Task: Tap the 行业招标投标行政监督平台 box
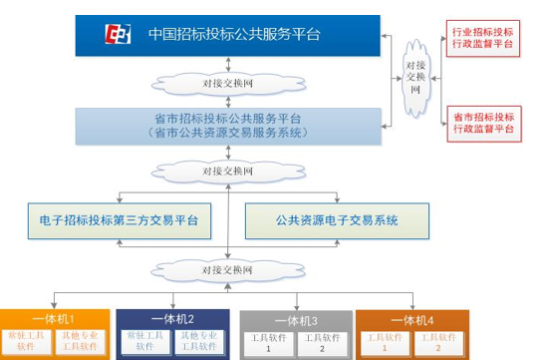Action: pos(483,37)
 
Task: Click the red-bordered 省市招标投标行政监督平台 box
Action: pos(483,122)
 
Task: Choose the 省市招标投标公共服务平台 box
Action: pos(229,125)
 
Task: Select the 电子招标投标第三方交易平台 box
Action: pos(120,219)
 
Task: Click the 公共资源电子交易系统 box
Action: pos(337,219)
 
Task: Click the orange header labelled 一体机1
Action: pos(54,319)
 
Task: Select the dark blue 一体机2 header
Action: pos(173,319)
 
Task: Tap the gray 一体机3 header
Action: pos(294,320)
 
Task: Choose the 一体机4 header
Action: pos(412,319)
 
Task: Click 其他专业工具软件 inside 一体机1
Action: pos(83,344)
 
